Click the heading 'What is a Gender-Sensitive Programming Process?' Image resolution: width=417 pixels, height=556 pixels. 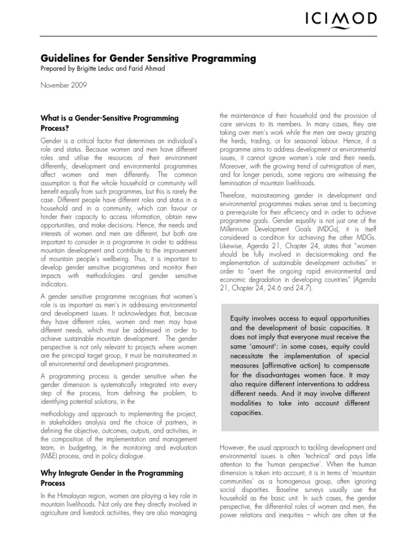pos(110,123)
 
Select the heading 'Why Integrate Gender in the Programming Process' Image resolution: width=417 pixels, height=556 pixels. pos(112,478)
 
